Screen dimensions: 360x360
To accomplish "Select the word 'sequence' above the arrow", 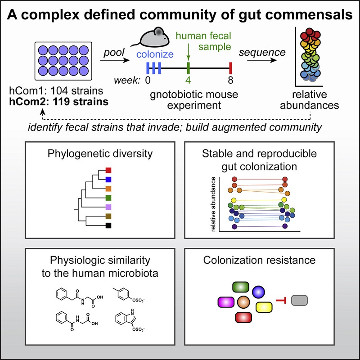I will click(269, 53).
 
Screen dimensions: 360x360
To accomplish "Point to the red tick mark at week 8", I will click(230, 68).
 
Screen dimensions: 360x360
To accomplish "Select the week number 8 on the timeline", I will click(230, 81).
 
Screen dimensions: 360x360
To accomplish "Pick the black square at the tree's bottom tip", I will click(108, 225).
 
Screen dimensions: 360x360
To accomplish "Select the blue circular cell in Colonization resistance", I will click(259, 292).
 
